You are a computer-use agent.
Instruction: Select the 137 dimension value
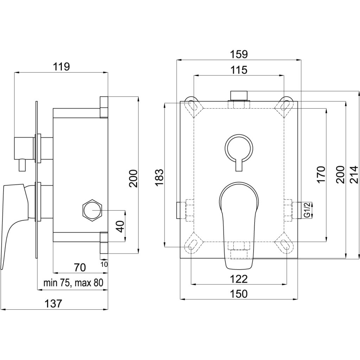click(x=54, y=303)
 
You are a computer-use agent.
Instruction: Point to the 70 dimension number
click(x=80, y=268)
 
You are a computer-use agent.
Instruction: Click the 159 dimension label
click(x=239, y=54)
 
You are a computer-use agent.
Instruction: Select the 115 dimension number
click(x=239, y=70)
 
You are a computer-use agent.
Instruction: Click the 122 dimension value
click(x=239, y=279)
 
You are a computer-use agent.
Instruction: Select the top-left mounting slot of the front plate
click(x=192, y=104)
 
